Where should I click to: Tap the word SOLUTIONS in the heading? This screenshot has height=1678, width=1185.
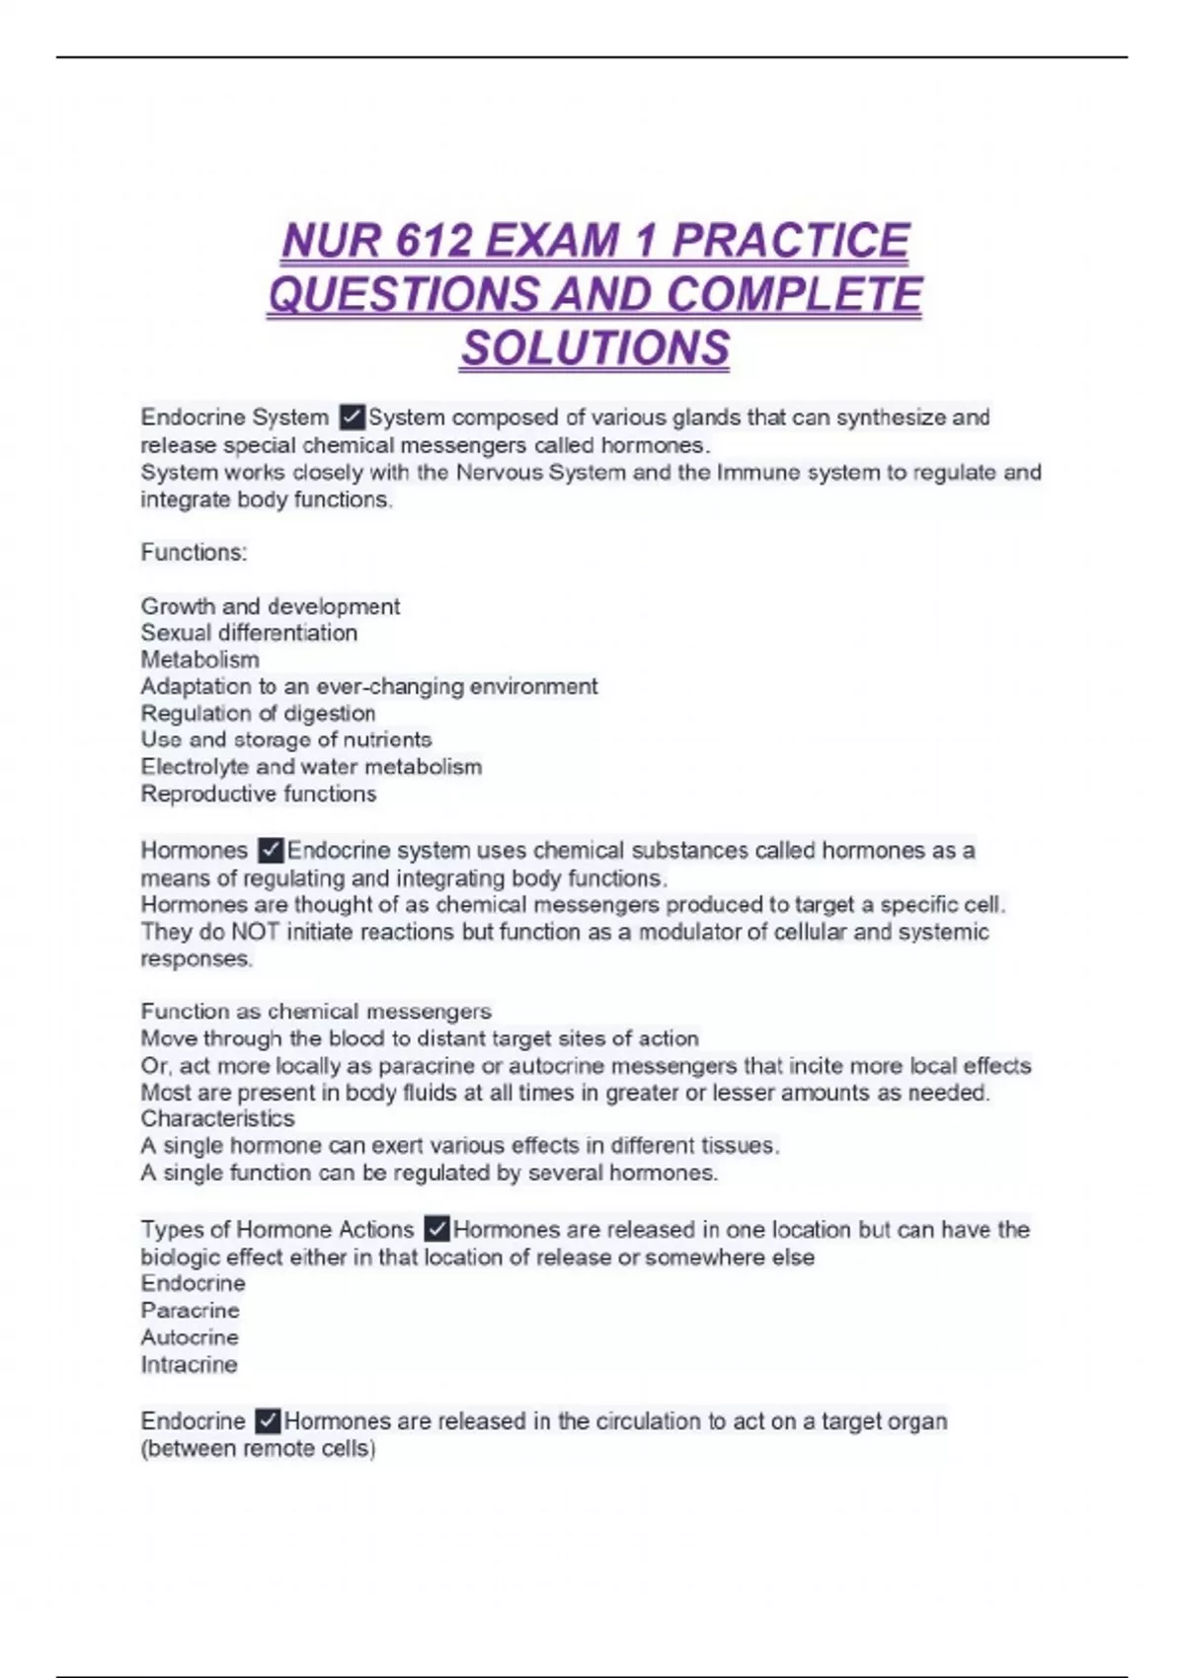point(594,348)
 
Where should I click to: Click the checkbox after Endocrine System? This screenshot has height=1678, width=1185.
point(352,418)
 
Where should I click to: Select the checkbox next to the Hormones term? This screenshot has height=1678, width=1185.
point(271,850)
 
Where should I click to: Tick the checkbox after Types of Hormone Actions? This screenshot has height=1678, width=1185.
point(436,1229)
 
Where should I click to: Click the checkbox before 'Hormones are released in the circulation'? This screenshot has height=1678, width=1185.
point(268,1420)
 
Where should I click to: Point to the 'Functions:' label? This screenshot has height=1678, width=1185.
point(194,552)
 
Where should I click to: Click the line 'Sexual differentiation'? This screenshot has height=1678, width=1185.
point(249,633)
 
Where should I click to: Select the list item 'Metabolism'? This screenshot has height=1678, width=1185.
point(199,659)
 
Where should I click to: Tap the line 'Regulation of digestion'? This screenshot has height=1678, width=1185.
point(258,713)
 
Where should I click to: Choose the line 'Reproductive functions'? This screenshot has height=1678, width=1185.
point(258,794)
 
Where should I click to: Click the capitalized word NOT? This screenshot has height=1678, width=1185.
point(255,932)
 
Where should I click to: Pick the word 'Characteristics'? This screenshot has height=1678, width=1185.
point(217,1118)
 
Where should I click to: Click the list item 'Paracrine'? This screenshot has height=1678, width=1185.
point(190,1310)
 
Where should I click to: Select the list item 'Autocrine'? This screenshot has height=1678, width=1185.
point(190,1337)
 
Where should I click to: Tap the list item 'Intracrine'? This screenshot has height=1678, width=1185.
point(189,1364)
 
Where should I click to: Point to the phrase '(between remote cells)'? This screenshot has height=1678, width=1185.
point(258,1448)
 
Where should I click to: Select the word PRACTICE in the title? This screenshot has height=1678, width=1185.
point(790,242)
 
